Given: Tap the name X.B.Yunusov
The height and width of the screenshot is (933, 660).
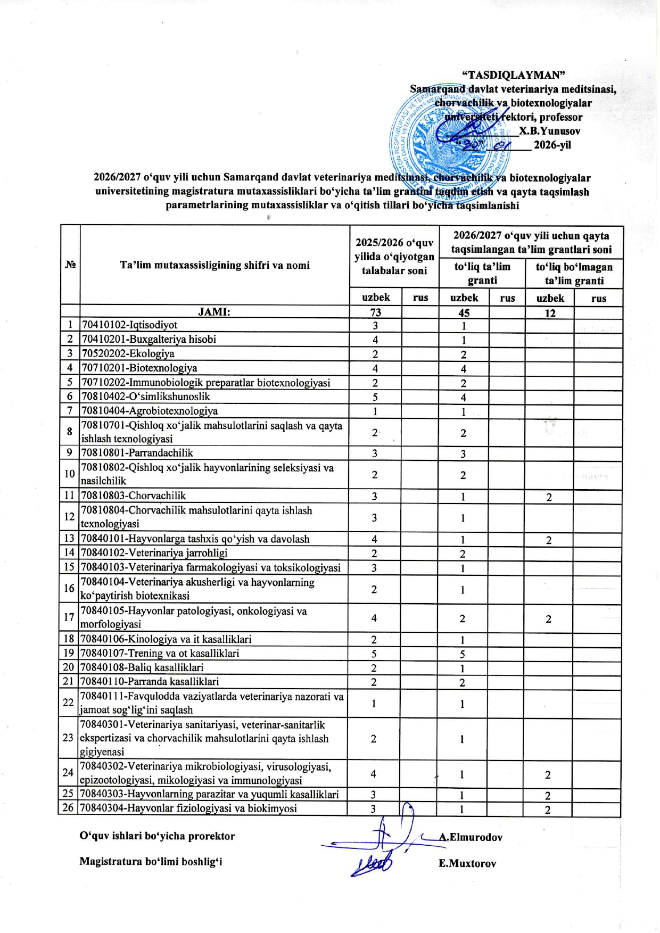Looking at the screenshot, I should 549,131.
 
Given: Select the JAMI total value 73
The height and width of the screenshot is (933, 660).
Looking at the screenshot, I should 375,312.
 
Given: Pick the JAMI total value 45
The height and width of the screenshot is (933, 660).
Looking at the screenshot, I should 464,313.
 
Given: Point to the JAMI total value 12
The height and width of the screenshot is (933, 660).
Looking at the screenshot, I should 550,313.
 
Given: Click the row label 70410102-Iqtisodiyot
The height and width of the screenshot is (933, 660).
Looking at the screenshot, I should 129,325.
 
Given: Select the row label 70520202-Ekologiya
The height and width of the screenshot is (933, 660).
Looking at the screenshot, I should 128,354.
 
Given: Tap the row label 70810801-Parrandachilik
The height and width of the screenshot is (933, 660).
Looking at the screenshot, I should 137,453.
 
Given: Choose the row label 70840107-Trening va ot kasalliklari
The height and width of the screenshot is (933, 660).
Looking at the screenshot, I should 160,653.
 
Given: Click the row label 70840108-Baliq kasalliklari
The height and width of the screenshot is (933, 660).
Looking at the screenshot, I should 142,667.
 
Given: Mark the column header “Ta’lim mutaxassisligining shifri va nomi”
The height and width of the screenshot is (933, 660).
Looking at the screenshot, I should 214,265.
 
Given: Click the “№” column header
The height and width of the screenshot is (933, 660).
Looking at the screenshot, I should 70,265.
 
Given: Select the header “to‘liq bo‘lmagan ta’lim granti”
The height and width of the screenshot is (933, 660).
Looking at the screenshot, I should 574,274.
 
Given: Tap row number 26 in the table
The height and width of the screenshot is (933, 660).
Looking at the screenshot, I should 68,808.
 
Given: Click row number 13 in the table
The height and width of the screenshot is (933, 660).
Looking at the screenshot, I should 69,539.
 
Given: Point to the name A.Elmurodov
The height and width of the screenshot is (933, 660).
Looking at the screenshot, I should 471,837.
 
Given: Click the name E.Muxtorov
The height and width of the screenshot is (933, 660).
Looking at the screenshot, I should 467,864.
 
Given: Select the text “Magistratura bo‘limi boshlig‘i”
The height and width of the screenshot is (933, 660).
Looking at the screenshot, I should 151,861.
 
